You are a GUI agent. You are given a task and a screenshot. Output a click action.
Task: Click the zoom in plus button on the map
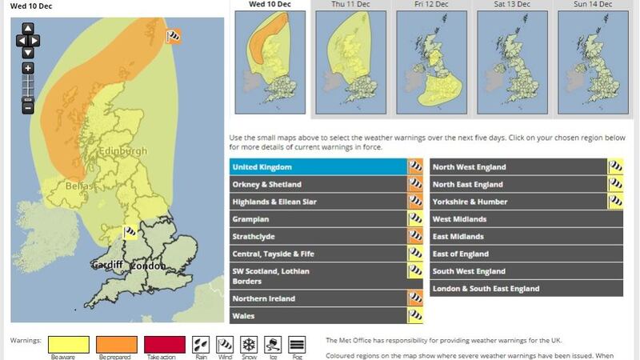point(28,69)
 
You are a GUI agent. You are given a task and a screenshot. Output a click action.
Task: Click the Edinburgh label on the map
point(122,151)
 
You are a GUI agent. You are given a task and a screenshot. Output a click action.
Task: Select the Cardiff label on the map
point(106,265)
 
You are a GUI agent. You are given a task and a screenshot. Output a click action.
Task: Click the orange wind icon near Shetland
point(173,36)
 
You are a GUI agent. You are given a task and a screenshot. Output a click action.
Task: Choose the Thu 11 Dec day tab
point(351,5)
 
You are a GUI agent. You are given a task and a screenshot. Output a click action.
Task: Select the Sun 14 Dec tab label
point(593,5)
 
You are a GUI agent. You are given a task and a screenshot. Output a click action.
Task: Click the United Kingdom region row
point(318,167)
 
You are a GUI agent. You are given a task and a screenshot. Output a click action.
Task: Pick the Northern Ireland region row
point(318,298)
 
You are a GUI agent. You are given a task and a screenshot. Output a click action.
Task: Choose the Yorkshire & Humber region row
point(518,202)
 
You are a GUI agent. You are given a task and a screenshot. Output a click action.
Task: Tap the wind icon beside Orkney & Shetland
point(415,185)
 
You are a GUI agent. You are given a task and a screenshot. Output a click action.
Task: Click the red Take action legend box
point(164,344)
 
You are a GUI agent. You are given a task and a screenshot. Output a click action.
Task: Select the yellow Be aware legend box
point(69,344)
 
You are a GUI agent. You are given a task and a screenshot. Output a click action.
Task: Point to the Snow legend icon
point(250,344)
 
